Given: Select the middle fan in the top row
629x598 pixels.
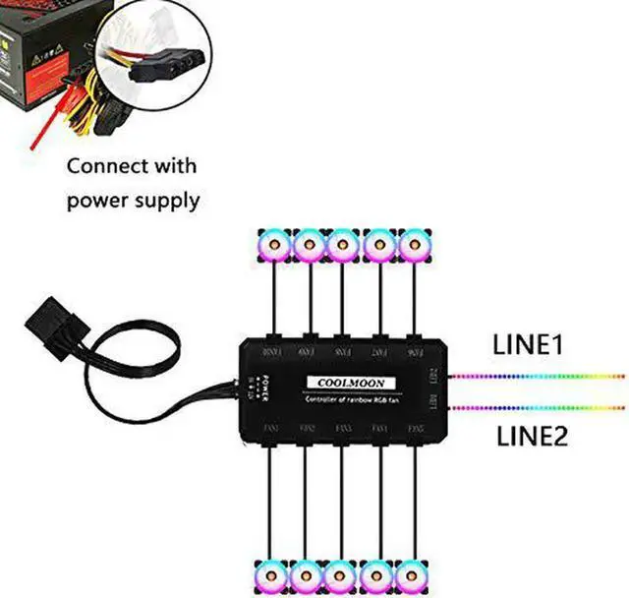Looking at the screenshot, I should tap(344, 244).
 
